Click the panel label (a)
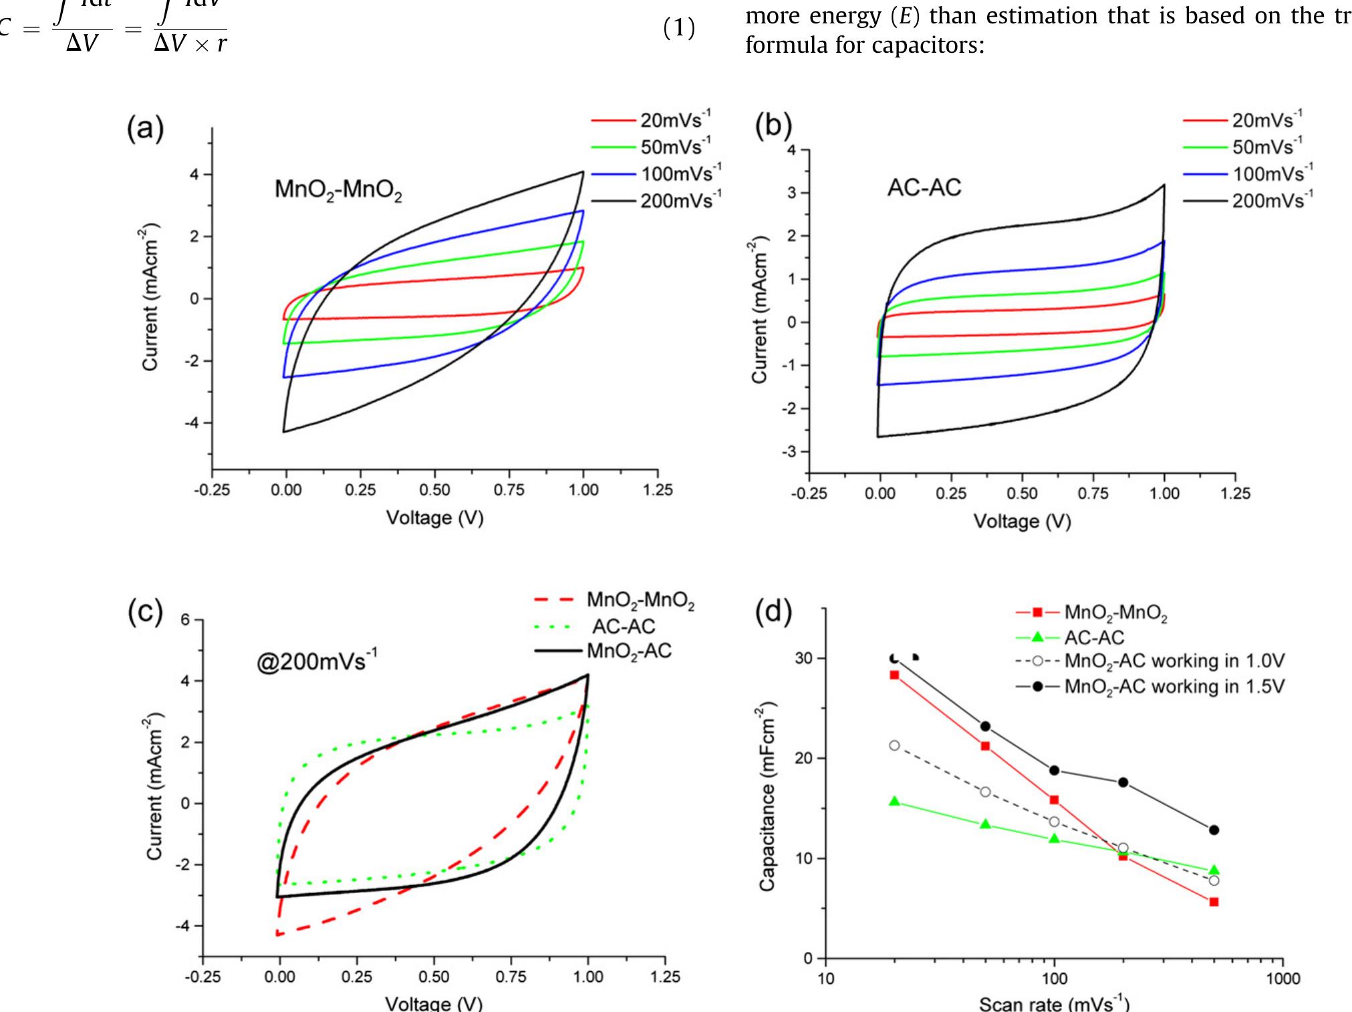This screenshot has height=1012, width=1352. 146,128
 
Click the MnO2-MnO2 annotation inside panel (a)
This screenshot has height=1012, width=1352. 338,191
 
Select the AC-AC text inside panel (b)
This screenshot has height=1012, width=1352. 924,188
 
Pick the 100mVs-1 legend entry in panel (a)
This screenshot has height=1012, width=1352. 680,174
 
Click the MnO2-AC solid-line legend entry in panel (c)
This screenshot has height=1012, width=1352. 628,650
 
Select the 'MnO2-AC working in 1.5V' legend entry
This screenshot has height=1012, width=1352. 1174,686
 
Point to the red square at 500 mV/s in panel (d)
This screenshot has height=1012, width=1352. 1214,902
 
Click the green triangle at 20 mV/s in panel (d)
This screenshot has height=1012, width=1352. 894,801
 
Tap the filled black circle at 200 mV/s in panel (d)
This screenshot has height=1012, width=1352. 1123,782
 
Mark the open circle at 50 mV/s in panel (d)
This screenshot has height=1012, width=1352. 985,791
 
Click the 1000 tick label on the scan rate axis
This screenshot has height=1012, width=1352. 1282,979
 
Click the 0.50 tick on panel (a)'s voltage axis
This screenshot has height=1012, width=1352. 434,490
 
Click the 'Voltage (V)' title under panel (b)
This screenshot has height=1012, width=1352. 1021,521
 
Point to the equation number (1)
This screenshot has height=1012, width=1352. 679,30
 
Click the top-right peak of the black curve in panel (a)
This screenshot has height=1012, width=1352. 582,172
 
